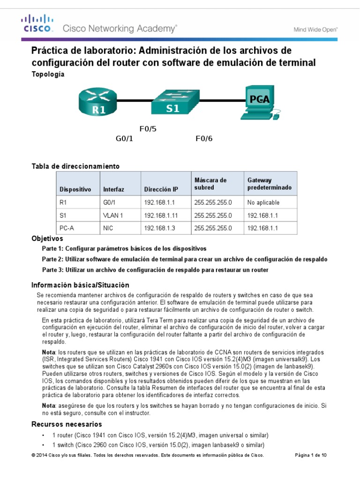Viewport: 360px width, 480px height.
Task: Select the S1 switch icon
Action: (173, 103)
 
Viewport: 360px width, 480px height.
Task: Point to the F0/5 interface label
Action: (149, 128)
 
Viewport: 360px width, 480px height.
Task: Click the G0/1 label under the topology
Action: (125, 139)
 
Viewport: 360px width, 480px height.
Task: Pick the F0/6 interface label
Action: (204, 139)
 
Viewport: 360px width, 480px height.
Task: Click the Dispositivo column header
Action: (75, 189)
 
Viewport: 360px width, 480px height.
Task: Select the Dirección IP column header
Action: (161, 189)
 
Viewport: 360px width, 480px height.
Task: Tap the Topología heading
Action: (47, 75)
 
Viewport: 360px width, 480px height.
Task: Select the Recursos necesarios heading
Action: (66, 424)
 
